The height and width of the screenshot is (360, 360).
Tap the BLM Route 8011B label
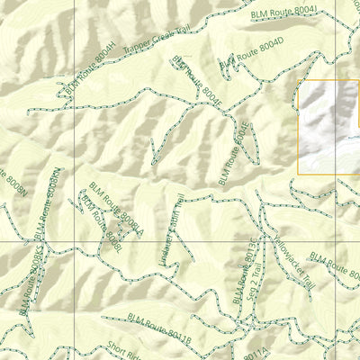(158, 327)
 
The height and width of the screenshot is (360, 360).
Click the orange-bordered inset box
(328, 126)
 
